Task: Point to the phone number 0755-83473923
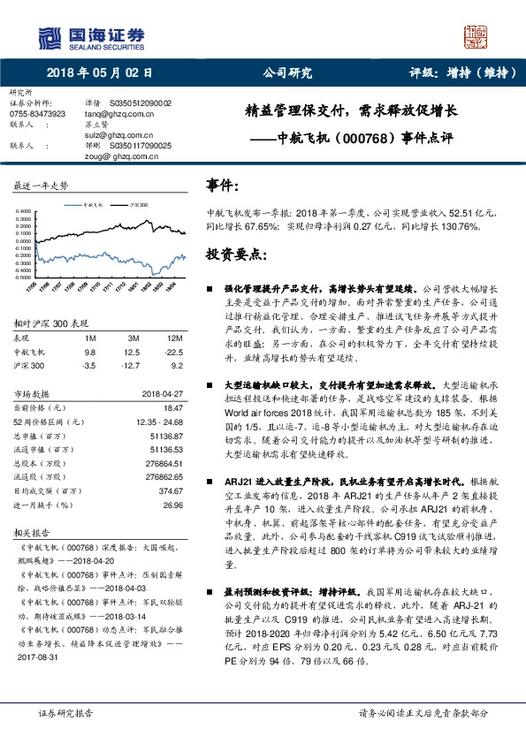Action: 36,114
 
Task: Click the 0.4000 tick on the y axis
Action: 23,211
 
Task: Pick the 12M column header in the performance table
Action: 174,338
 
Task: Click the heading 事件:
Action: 222,186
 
